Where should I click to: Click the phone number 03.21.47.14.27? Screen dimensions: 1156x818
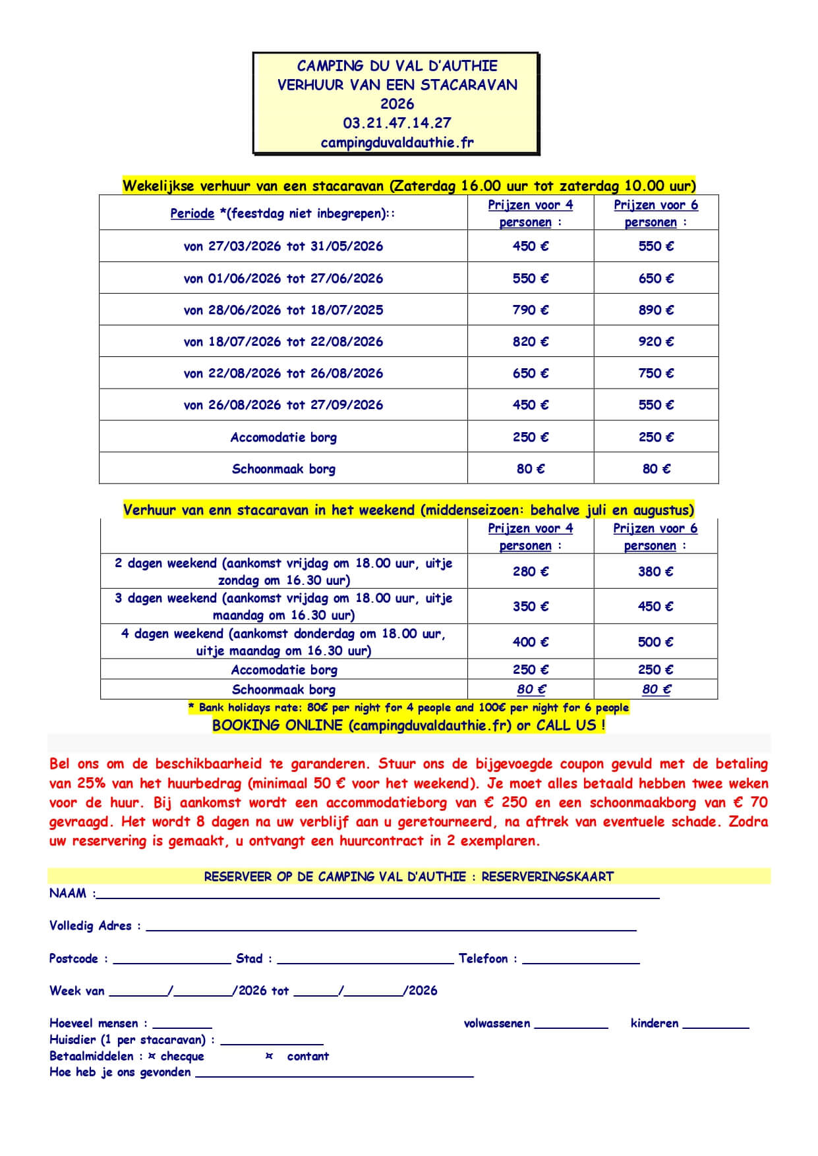[397, 123]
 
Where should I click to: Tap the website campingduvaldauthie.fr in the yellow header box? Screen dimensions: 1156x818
[397, 142]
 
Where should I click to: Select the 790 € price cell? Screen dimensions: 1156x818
[530, 310]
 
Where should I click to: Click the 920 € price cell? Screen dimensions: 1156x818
[656, 341]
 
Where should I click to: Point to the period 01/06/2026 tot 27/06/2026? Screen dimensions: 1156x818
[283, 278]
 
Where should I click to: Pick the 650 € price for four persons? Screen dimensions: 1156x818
[530, 373]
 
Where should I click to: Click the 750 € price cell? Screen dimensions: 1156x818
[656, 373]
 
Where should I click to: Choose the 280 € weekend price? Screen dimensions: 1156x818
[530, 571]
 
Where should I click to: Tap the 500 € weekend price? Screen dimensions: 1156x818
[655, 642]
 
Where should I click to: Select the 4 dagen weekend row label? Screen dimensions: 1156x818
[283, 642]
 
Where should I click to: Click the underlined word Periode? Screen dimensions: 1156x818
[192, 213]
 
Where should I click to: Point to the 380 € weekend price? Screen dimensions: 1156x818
[655, 571]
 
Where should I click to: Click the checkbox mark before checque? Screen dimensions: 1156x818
[152, 1056]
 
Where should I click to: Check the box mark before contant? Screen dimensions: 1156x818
[269, 1056]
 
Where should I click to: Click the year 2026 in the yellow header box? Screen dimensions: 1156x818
[397, 104]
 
